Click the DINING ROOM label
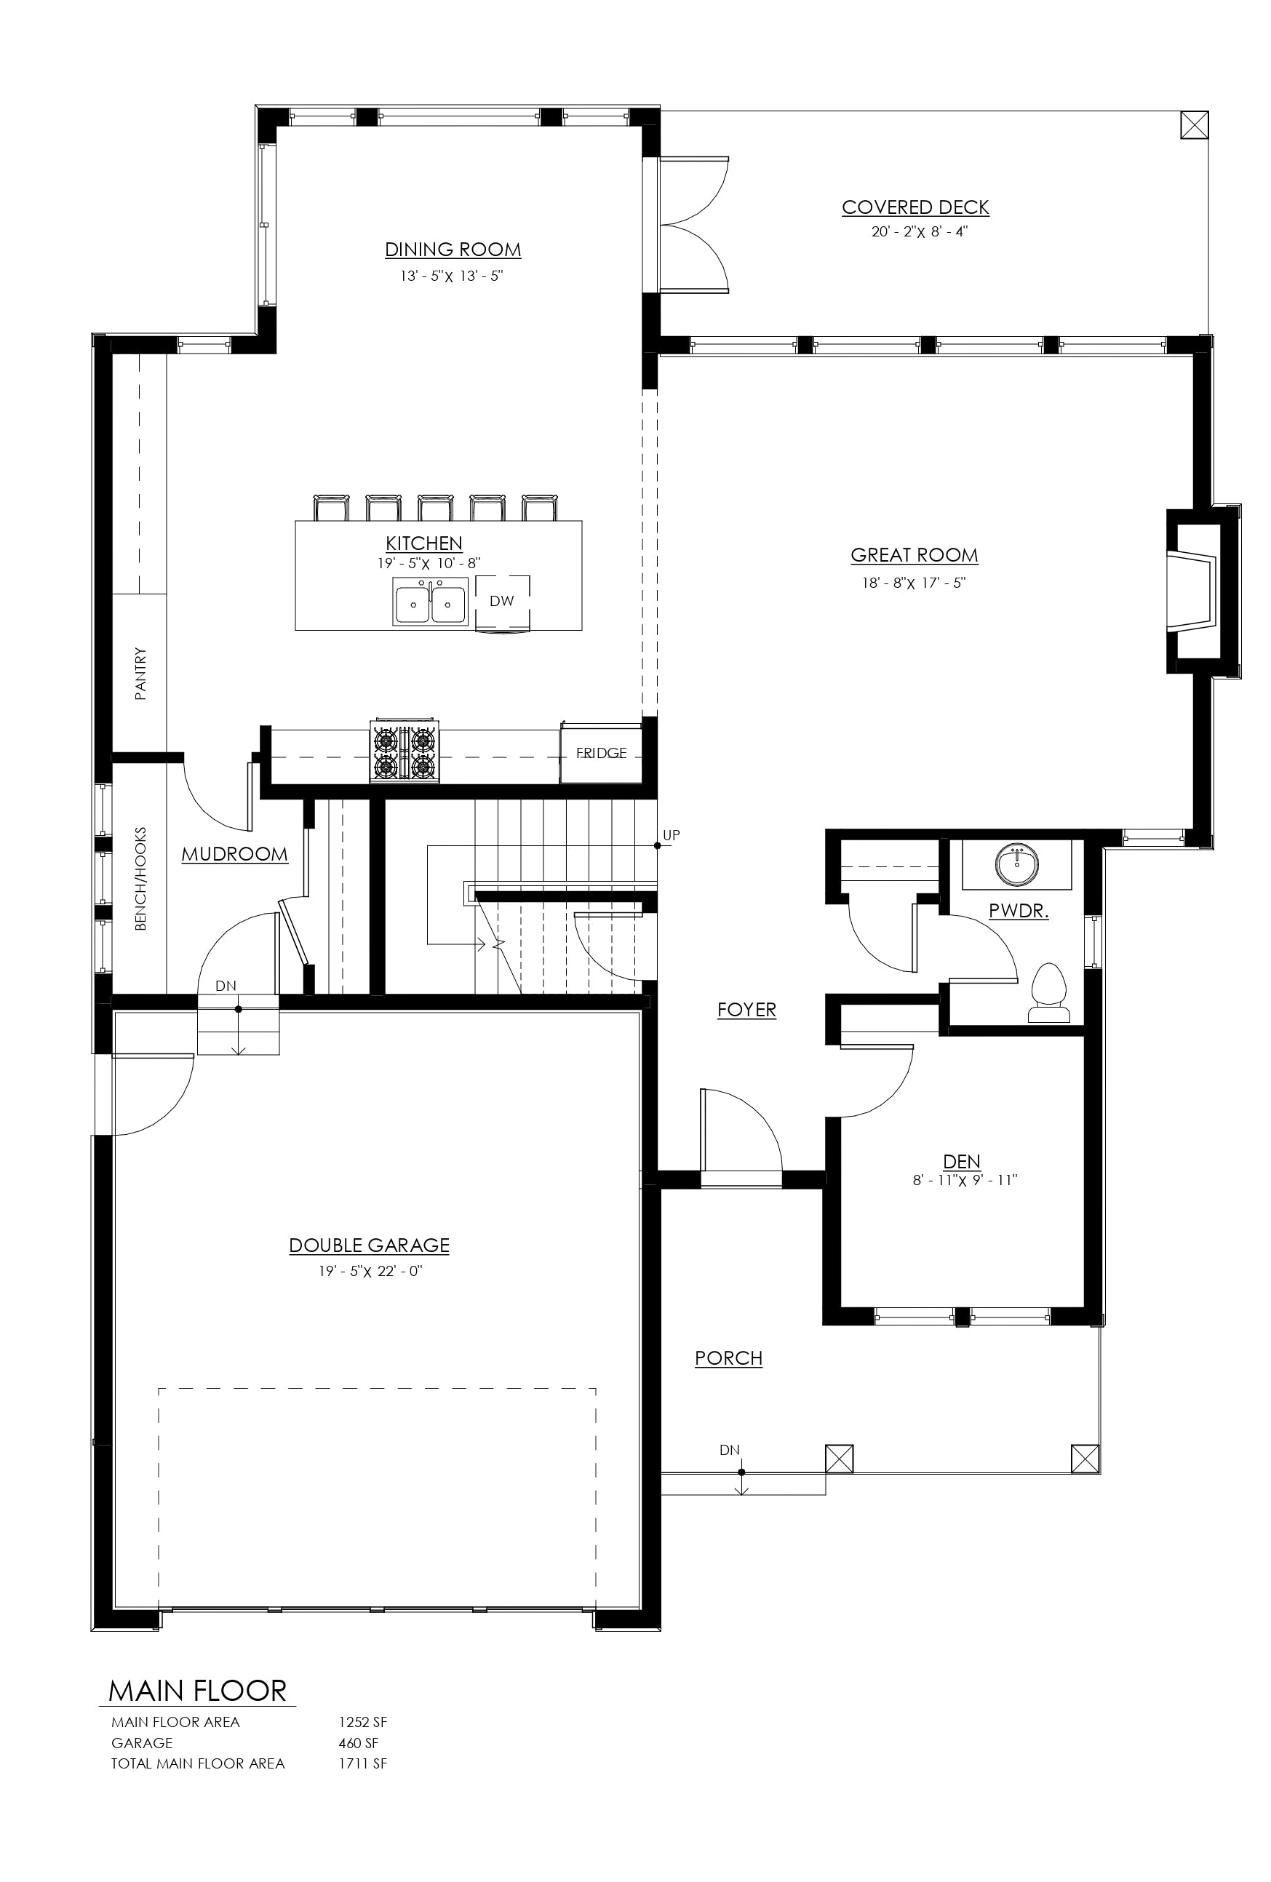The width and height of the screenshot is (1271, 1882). [453, 250]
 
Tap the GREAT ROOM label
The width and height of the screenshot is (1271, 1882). [915, 556]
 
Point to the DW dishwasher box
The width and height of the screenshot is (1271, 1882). [502, 602]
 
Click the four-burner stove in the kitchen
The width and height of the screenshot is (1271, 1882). [405, 751]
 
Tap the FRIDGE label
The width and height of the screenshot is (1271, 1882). [601, 753]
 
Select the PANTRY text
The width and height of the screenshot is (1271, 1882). [141, 673]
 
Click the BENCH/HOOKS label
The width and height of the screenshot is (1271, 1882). [141, 879]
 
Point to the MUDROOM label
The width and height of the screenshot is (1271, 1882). [234, 854]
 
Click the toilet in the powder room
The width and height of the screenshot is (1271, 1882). [1049, 993]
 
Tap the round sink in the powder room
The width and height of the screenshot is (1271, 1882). [1017, 864]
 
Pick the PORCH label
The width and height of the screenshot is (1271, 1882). [728, 1358]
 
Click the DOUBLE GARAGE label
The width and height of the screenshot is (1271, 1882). [370, 1245]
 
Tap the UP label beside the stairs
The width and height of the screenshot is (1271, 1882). [672, 835]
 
